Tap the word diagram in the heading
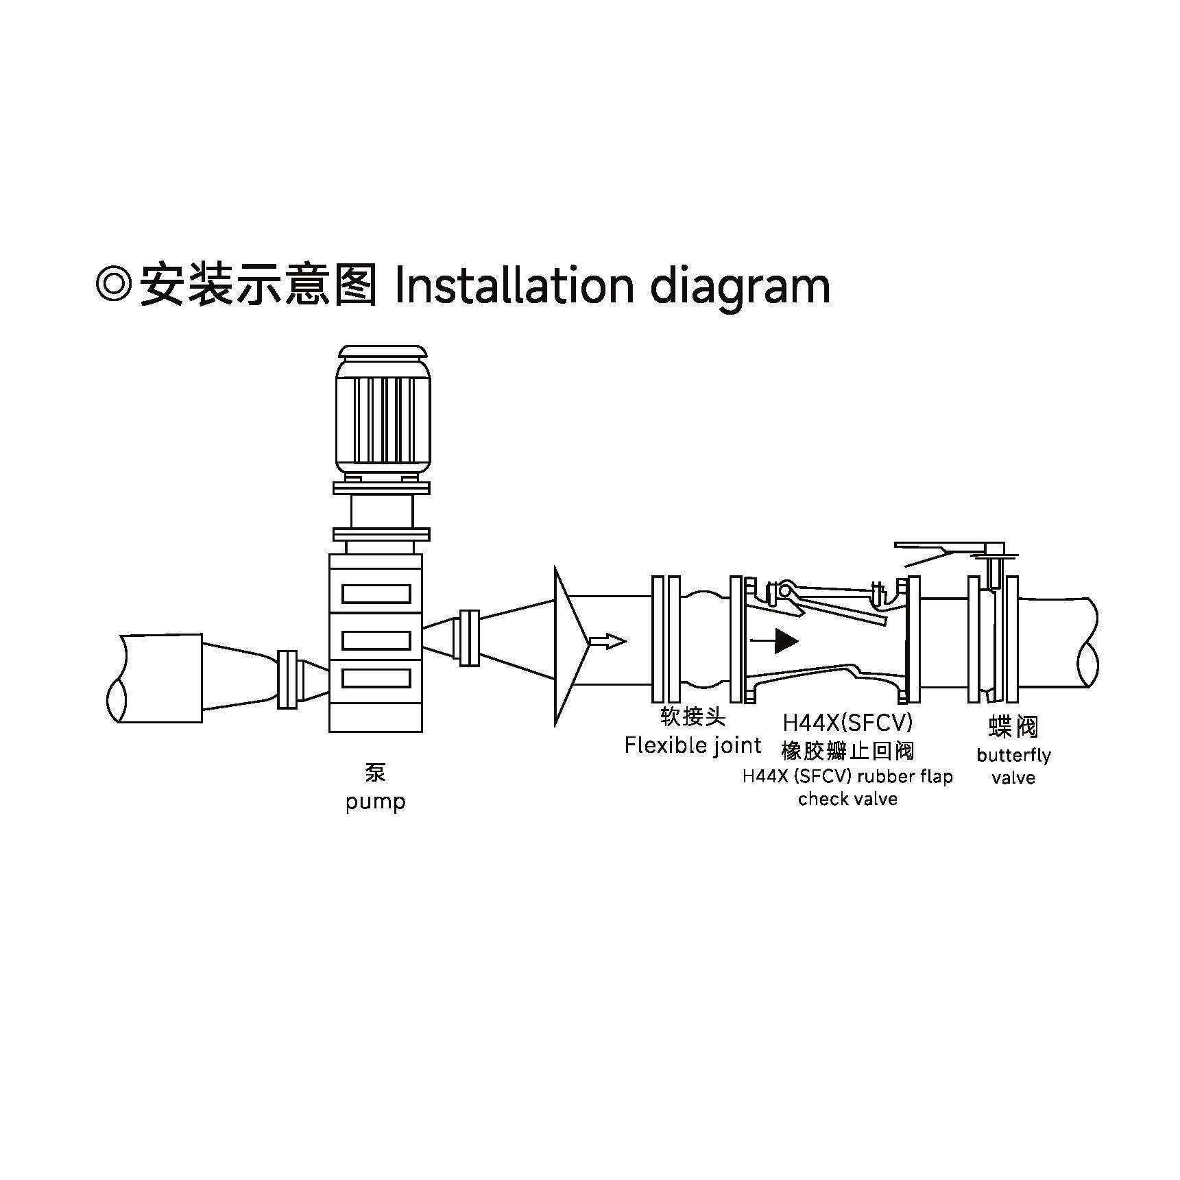pyautogui.click(x=740, y=287)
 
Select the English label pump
pyautogui.click(x=375, y=802)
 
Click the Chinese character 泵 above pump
pyautogui.click(x=375, y=773)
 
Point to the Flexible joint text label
pyautogui.click(x=693, y=745)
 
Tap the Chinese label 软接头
pyautogui.click(x=693, y=717)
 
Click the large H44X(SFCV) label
pyautogui.click(x=847, y=723)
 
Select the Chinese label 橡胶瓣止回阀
pyautogui.click(x=847, y=751)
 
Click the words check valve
pyautogui.click(x=847, y=799)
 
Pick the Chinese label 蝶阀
pyautogui.click(x=1013, y=726)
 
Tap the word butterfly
pyautogui.click(x=1013, y=756)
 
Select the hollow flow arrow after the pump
pyautogui.click(x=607, y=641)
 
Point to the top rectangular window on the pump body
pyautogui.click(x=376, y=594)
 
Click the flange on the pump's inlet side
pyautogui.click(x=287, y=679)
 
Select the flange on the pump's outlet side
pyautogui.click(x=469, y=638)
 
